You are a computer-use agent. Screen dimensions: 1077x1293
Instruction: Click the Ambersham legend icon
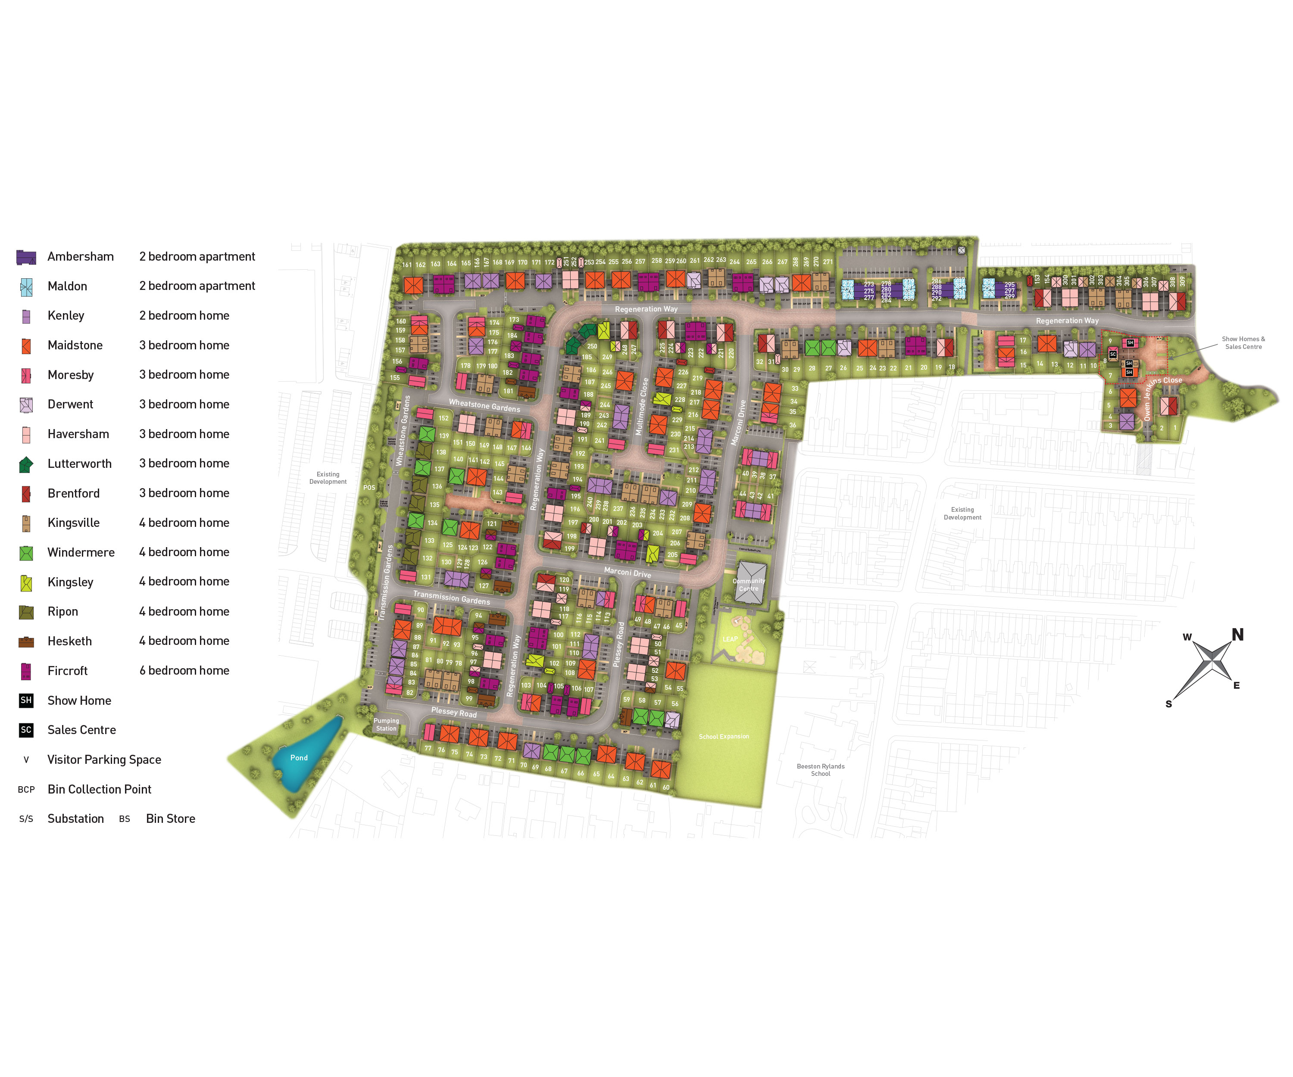pos(26,257)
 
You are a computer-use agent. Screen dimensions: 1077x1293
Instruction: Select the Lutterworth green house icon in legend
pos(26,465)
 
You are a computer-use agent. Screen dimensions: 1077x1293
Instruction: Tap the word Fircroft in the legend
pos(67,671)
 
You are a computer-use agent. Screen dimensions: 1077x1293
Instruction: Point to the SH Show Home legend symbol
pos(26,700)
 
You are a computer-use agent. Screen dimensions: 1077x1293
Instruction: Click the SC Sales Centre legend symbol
pos(26,730)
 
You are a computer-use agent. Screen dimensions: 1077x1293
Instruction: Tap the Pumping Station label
pos(386,724)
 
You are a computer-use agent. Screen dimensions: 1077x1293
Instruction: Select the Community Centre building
pos(750,582)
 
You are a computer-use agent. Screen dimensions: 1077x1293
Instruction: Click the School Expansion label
pos(724,736)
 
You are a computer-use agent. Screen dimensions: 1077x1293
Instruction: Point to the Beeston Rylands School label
pos(820,770)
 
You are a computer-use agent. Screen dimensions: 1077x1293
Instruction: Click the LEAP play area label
pos(730,639)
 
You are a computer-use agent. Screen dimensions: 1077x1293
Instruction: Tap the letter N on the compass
pos(1237,635)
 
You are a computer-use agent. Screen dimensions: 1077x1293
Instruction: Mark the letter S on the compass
pos(1168,704)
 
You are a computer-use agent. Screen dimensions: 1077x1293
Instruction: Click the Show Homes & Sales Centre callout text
pos(1243,343)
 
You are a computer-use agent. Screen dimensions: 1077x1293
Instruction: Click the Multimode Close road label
pos(642,406)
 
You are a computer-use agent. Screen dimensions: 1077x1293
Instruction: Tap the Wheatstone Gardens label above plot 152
pos(484,405)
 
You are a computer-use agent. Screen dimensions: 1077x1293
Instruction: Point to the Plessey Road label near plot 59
pos(619,644)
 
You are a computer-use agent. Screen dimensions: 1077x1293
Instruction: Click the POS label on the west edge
pos(369,487)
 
